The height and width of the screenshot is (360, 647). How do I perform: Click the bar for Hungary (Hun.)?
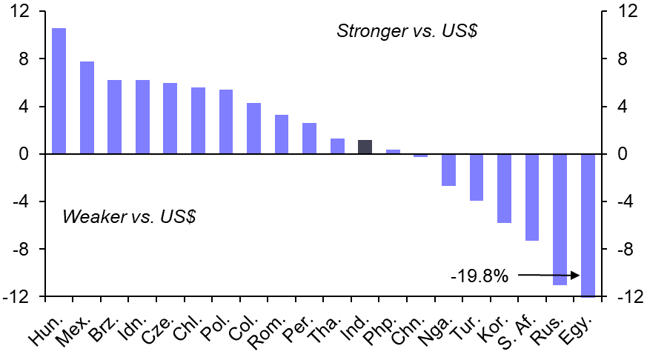click(59, 91)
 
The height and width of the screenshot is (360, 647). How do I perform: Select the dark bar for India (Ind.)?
click(365, 147)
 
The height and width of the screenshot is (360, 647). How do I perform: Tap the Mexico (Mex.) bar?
click(87, 107)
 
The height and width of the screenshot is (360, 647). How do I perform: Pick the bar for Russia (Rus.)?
click(560, 219)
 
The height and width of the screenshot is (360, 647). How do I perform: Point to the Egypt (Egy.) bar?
click(588, 225)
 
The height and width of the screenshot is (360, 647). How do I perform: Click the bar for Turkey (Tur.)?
click(476, 177)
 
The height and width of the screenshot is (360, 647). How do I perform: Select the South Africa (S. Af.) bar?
click(532, 197)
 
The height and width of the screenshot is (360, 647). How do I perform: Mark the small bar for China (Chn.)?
click(420, 156)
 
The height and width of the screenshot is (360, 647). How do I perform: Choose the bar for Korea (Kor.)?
click(504, 188)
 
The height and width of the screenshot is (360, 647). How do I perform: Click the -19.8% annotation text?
click(480, 276)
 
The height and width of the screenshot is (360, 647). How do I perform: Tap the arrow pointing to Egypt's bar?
click(549, 276)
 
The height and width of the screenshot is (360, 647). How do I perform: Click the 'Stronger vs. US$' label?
click(404, 31)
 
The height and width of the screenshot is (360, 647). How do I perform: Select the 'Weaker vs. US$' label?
click(130, 217)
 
